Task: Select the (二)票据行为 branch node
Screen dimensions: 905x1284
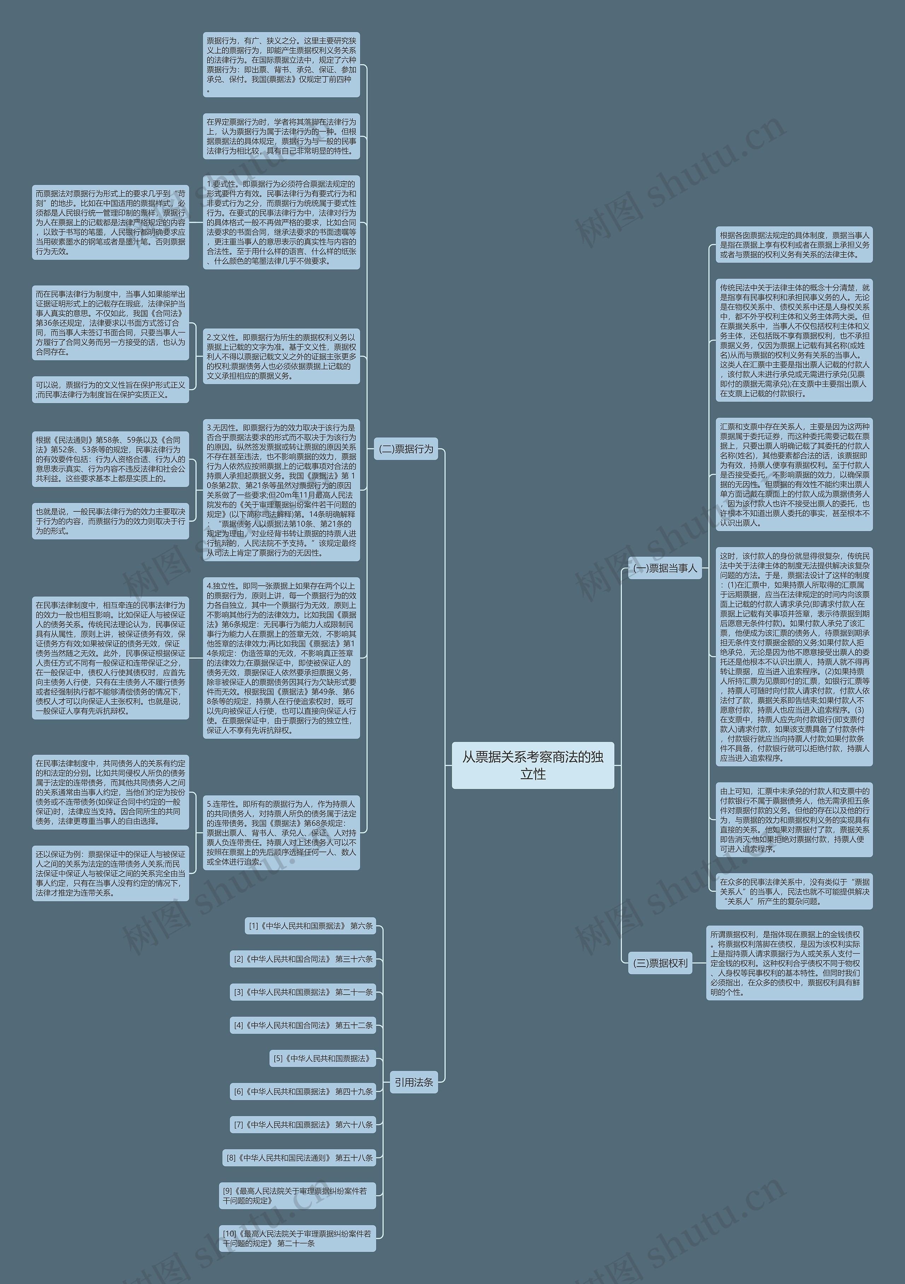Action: [x=406, y=449]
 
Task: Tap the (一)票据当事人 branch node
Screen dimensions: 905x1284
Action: [x=665, y=568]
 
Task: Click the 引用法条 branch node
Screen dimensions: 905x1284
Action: [x=414, y=1082]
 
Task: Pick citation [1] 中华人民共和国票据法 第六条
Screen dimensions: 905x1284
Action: [x=310, y=926]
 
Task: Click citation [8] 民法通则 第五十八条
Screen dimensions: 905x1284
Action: [x=299, y=1158]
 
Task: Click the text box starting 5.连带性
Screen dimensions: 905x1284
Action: [x=281, y=833]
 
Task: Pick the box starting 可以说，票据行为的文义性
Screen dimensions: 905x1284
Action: [x=110, y=389]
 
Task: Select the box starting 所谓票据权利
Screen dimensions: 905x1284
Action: [x=785, y=963]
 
